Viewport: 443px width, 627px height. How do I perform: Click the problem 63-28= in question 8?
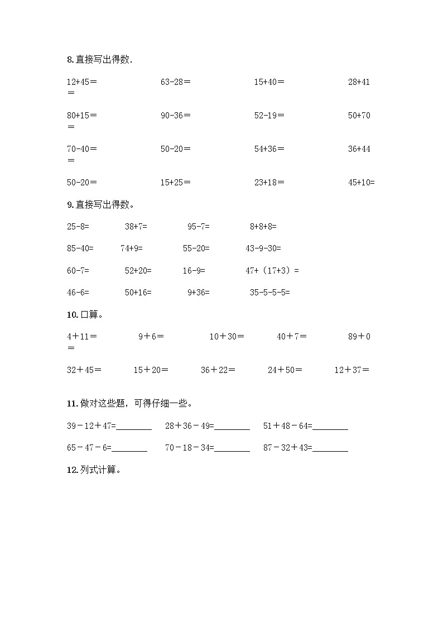pyautogui.click(x=175, y=82)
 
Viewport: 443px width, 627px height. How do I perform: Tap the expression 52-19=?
pyautogui.click(x=269, y=116)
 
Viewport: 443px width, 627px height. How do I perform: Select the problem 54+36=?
pyautogui.click(x=269, y=149)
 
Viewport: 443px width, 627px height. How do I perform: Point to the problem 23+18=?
pyautogui.click(x=269, y=182)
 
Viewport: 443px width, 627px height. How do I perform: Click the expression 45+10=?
pyautogui.click(x=362, y=182)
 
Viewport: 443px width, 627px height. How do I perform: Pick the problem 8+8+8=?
pyautogui.click(x=263, y=227)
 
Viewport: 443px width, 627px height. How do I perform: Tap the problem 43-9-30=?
pyautogui.click(x=263, y=248)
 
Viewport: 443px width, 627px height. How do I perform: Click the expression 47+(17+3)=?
pyautogui.click(x=272, y=271)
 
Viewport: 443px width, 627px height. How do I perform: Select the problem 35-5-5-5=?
pyautogui.click(x=270, y=292)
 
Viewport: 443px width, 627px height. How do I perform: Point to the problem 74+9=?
pyautogui.click(x=132, y=248)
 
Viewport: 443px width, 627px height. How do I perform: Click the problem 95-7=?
pyautogui.click(x=199, y=227)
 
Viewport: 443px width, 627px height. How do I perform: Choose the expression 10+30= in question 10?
pyautogui.click(x=227, y=336)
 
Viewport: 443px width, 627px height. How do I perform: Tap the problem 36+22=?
pyautogui.click(x=218, y=370)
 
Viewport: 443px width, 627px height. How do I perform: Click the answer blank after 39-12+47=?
pyautogui.click(x=134, y=427)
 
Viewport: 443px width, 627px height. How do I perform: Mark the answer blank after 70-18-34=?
pyautogui.click(x=232, y=448)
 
